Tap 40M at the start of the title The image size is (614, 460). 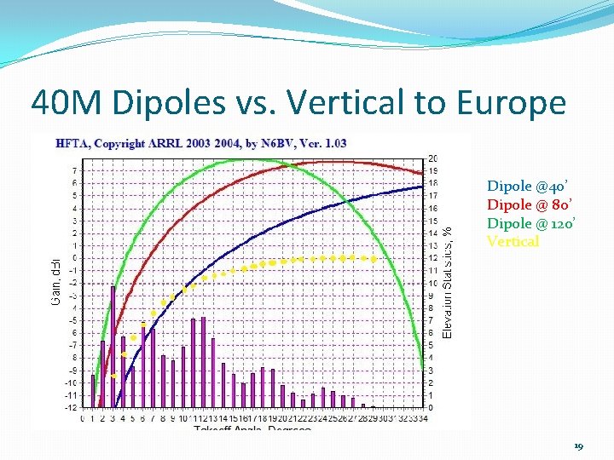click(x=68, y=103)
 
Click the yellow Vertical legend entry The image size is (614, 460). click(x=513, y=241)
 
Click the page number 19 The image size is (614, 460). click(x=578, y=446)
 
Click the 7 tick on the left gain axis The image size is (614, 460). click(x=74, y=170)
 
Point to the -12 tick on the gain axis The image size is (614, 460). click(x=72, y=407)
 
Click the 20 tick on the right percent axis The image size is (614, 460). click(x=433, y=159)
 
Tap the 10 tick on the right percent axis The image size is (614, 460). click(x=433, y=284)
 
